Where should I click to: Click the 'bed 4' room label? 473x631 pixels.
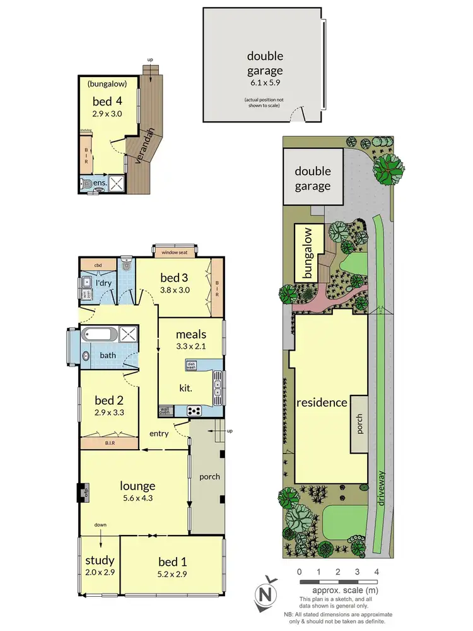pyautogui.click(x=107, y=101)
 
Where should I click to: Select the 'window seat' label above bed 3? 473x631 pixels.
pyautogui.click(x=175, y=252)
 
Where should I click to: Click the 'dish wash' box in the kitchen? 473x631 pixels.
pyautogui.click(x=192, y=364)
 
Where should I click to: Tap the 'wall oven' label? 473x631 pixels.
pyautogui.click(x=166, y=411)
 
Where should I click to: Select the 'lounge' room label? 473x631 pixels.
pyautogui.click(x=138, y=486)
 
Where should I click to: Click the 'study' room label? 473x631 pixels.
pyautogui.click(x=99, y=560)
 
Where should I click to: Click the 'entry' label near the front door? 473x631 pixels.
pyautogui.click(x=158, y=433)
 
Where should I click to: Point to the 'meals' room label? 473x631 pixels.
pyautogui.click(x=190, y=333)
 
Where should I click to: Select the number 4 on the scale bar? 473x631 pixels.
pyautogui.click(x=377, y=572)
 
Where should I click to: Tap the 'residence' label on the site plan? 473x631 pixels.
pyautogui.click(x=321, y=402)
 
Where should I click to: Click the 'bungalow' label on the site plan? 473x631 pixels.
pyautogui.click(x=308, y=253)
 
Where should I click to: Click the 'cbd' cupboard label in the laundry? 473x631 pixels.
pyautogui.click(x=98, y=265)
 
